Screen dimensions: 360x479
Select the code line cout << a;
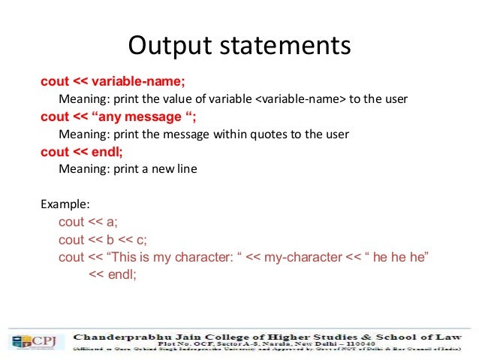pos(88,222)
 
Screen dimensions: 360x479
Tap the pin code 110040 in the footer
pos(358,343)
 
